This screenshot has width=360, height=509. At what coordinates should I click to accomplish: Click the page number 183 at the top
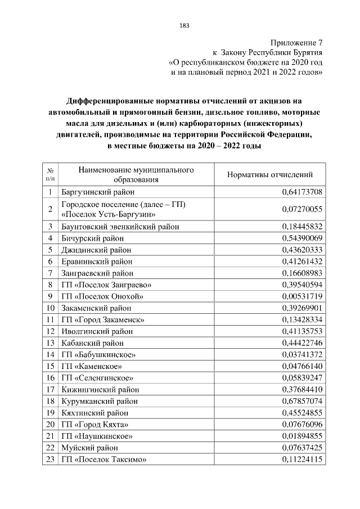(x=183, y=26)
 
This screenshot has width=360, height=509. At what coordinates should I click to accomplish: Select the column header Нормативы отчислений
(x=269, y=175)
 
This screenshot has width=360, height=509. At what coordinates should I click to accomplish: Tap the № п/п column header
(x=50, y=175)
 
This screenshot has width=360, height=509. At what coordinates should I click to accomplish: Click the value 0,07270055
(x=301, y=209)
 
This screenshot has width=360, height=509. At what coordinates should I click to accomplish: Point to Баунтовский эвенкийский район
(x=120, y=226)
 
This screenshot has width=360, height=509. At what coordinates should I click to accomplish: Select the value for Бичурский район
(x=301, y=238)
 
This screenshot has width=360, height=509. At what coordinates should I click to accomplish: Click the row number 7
(x=50, y=273)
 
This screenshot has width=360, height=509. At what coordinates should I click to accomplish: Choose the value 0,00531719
(x=301, y=296)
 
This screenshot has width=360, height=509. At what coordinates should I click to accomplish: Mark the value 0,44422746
(x=301, y=343)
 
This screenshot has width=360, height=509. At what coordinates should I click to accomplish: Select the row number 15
(x=50, y=366)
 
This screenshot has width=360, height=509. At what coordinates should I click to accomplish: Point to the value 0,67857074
(x=301, y=401)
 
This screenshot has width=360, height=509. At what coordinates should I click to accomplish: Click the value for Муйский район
(x=301, y=448)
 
